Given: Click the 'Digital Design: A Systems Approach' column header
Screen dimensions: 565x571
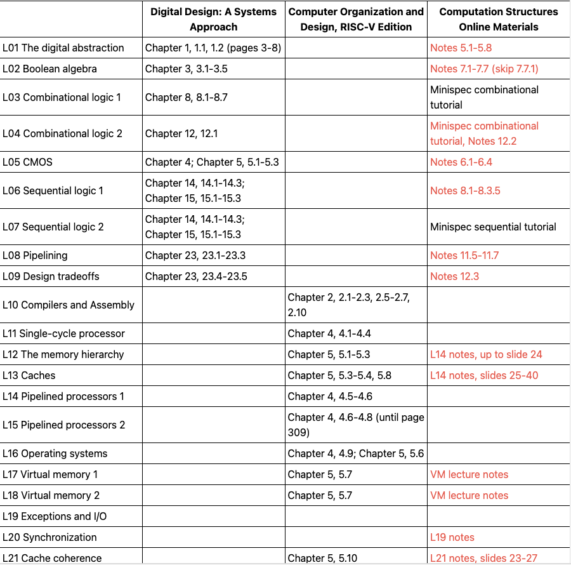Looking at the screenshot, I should pyautogui.click(x=213, y=19).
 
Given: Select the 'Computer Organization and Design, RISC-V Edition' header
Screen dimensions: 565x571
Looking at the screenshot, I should pyautogui.click(x=356, y=19).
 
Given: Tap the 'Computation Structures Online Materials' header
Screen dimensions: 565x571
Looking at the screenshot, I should pyautogui.click(x=498, y=19).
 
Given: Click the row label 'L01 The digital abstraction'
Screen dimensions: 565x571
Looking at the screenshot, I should pyautogui.click(x=63, y=48).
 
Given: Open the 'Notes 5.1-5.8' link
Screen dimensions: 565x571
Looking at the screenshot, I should pyautogui.click(x=461, y=48).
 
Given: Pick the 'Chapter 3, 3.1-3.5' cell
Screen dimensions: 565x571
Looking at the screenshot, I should pyautogui.click(x=188, y=69).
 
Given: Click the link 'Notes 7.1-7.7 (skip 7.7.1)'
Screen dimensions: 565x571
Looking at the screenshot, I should pyautogui.click(x=484, y=69).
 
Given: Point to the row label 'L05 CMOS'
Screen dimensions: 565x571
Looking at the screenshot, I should pyautogui.click(x=28, y=162).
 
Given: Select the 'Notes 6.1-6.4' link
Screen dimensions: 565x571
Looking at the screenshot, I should pyautogui.click(x=461, y=162).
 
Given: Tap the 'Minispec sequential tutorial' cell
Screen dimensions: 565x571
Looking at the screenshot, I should pyautogui.click(x=493, y=227).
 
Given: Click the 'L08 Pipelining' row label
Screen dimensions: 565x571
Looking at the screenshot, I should pyautogui.click(x=35, y=255).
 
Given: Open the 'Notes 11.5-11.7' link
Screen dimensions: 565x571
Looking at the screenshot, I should pyautogui.click(x=464, y=255).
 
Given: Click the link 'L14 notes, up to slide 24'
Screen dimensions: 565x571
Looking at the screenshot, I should pyautogui.click(x=486, y=354).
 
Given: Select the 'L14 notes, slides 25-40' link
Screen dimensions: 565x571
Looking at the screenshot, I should pyautogui.click(x=484, y=375).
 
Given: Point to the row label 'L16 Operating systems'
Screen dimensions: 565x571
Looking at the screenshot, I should pyautogui.click(x=55, y=453).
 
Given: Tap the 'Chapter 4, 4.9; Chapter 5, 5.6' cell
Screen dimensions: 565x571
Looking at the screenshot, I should pyautogui.click(x=355, y=453).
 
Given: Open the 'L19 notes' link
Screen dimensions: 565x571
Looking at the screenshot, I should pyautogui.click(x=452, y=537).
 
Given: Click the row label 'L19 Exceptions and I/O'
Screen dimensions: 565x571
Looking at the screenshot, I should pyautogui.click(x=55, y=516).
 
